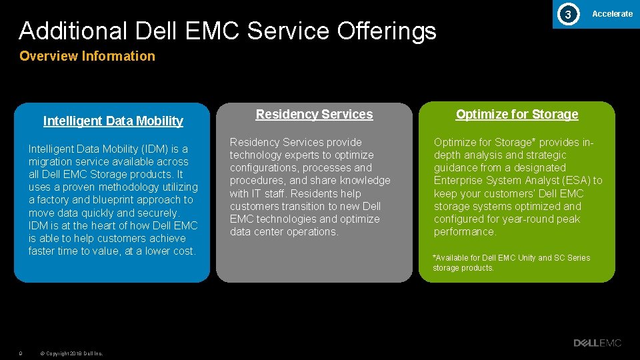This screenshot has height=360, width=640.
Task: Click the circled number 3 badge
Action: pyautogui.click(x=567, y=14)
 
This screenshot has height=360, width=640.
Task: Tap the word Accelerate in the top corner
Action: pyautogui.click(x=612, y=13)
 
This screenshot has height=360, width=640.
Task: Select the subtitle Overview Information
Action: pyautogui.click(x=87, y=56)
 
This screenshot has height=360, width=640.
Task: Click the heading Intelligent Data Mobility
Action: pyautogui.click(x=113, y=121)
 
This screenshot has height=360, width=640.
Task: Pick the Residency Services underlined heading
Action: pyautogui.click(x=314, y=114)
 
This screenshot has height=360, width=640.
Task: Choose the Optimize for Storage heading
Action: pyautogui.click(x=517, y=114)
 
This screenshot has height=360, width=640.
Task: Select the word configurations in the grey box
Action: pyautogui.click(x=263, y=167)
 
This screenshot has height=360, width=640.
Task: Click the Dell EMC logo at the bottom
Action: pyautogui.click(x=597, y=343)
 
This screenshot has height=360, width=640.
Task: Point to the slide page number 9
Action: pyautogui.click(x=21, y=353)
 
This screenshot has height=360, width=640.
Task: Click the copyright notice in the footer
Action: pyautogui.click(x=71, y=353)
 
